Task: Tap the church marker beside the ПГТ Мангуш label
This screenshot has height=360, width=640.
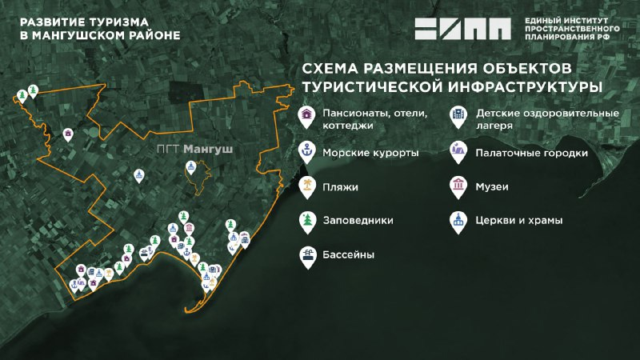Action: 191,167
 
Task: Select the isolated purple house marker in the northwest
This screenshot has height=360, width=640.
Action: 69,134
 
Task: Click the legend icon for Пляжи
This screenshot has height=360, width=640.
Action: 306,186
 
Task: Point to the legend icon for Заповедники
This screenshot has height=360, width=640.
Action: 306,220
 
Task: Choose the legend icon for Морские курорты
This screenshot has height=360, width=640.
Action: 306,150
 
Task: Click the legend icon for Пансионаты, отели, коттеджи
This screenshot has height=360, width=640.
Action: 306,117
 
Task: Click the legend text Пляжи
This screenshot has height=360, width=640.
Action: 340,186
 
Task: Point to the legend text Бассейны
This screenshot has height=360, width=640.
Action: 349,255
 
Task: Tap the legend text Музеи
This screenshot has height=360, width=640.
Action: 492,186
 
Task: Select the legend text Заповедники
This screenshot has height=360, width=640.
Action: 358,220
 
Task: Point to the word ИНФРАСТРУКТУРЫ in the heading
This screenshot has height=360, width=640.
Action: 516,85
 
